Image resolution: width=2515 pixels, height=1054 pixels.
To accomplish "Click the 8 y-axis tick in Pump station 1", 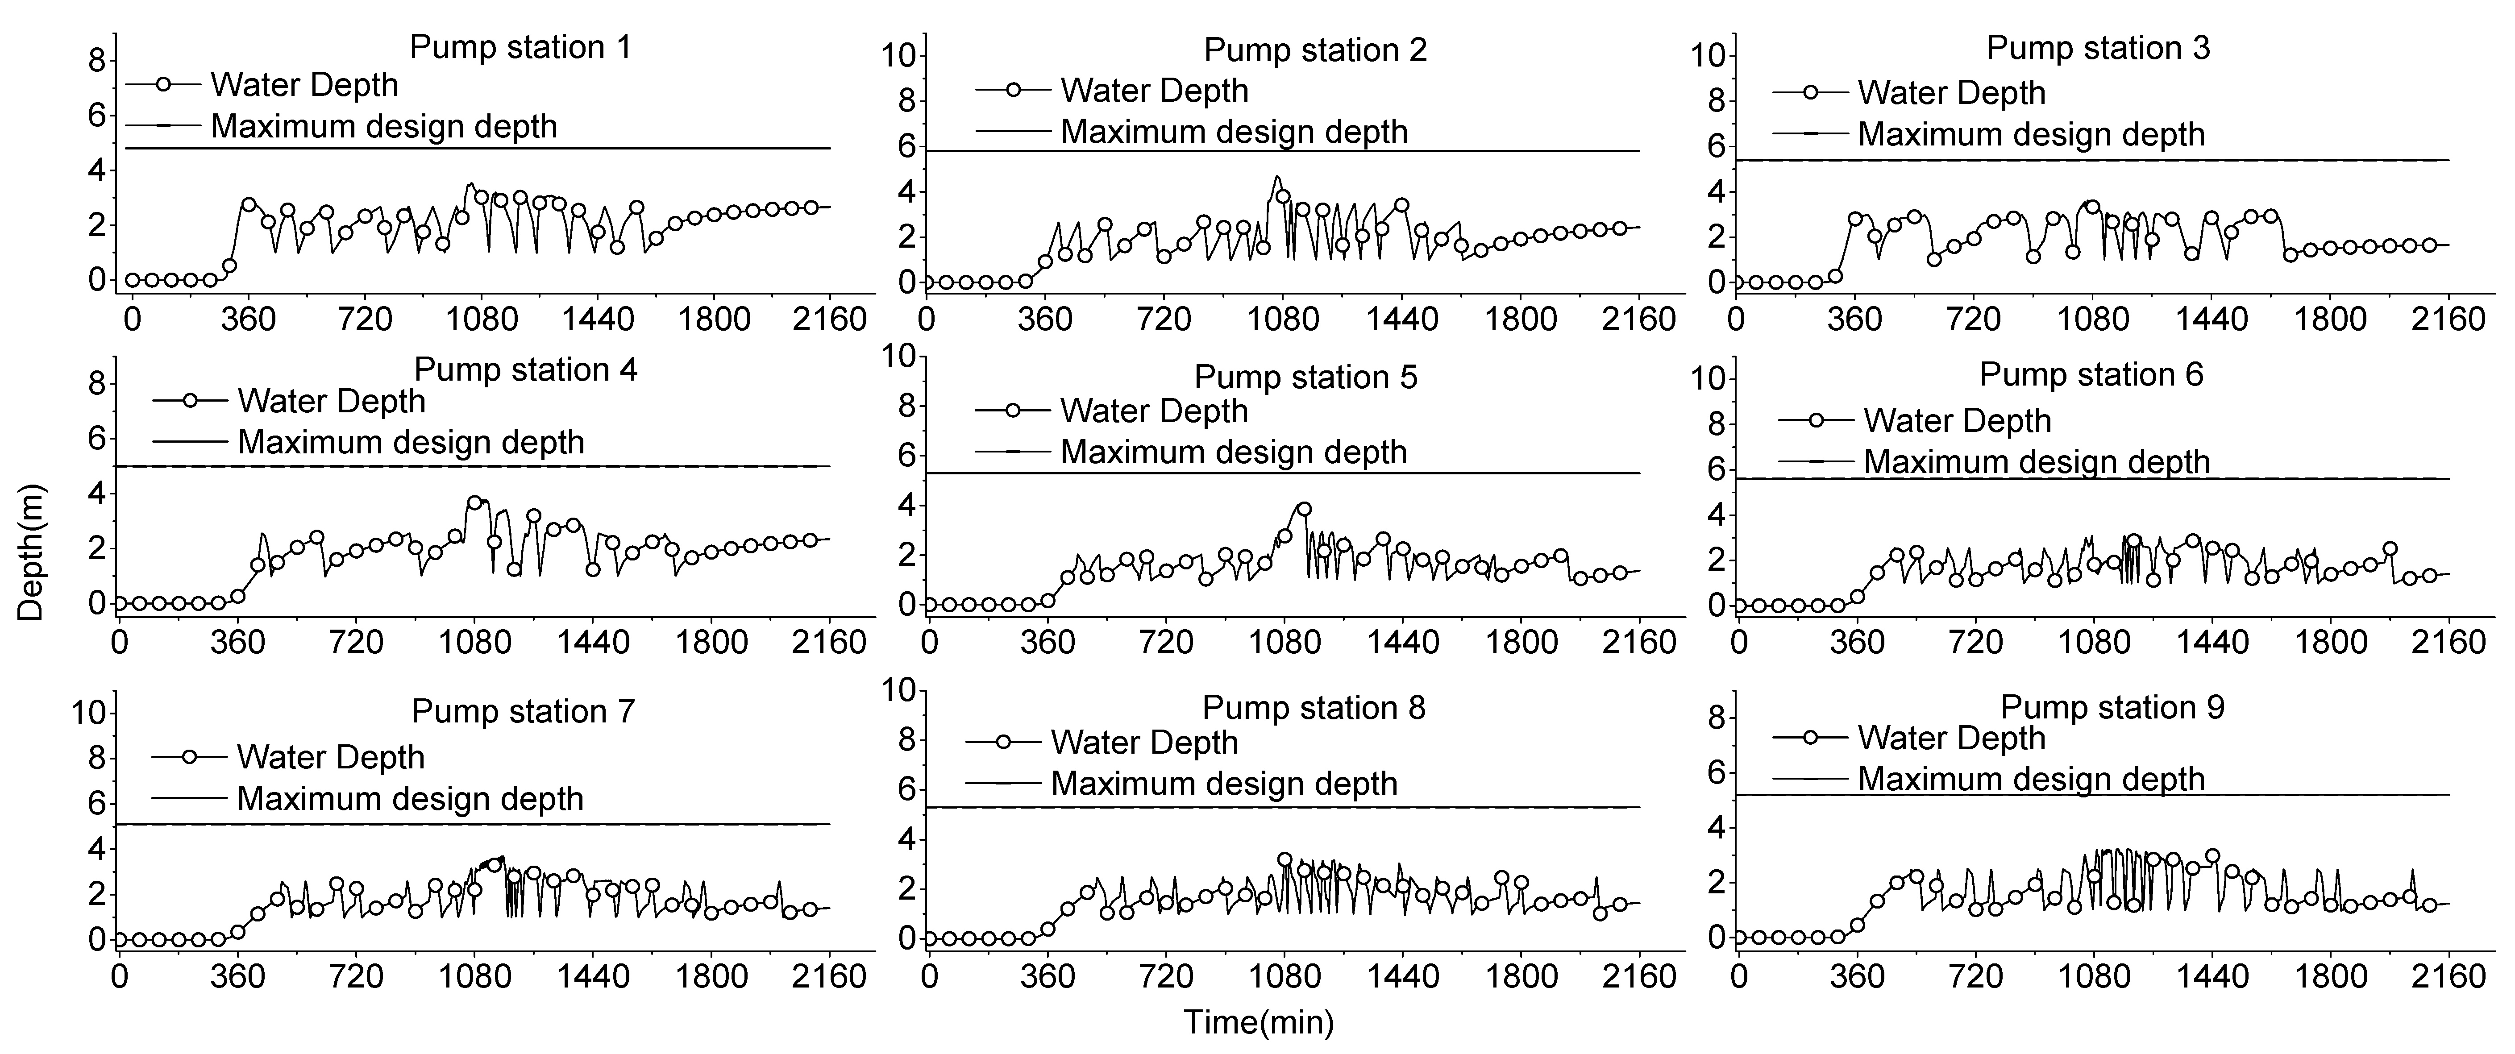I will click(97, 61).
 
